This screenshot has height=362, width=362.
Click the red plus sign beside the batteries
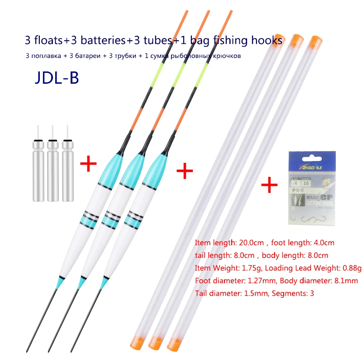(x=88, y=163)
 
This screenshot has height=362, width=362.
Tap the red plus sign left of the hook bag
(x=270, y=185)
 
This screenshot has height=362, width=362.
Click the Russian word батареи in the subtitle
(x=94, y=56)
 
